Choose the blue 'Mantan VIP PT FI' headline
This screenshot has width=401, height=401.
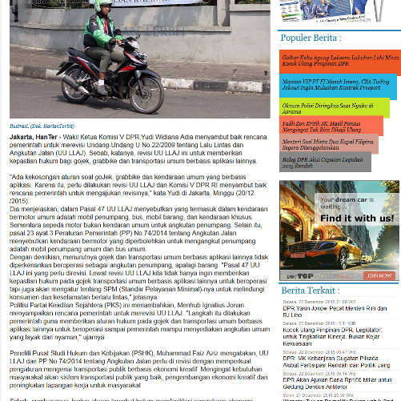point(335,85)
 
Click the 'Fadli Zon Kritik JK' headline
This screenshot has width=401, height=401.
point(329,126)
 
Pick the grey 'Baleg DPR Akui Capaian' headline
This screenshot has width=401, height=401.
point(325,163)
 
